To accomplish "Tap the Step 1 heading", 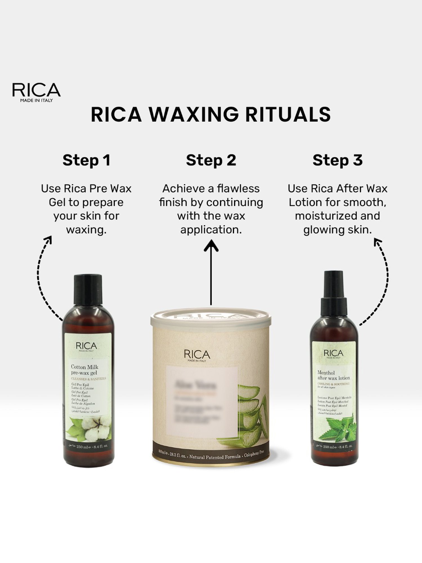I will click(x=86, y=160).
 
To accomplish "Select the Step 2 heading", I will click(x=211, y=160).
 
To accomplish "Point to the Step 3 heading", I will click(x=337, y=160).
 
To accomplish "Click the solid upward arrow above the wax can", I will click(x=211, y=270).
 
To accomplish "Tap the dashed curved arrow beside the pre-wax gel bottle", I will click(x=42, y=279).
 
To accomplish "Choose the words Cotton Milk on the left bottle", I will click(x=84, y=367).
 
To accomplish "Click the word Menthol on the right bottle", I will click(x=326, y=373).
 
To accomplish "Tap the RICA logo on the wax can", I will click(x=197, y=355).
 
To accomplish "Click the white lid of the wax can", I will click(x=211, y=317).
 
